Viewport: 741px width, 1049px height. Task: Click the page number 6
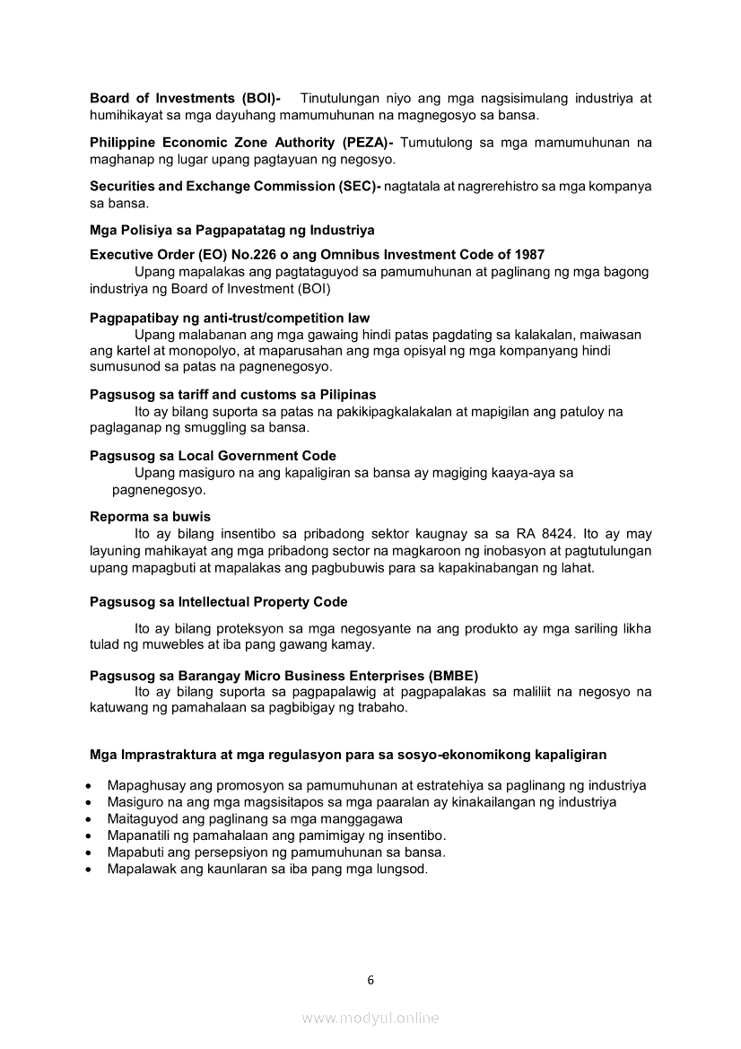pyautogui.click(x=370, y=980)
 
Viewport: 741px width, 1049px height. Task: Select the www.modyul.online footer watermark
pyautogui.click(x=370, y=1018)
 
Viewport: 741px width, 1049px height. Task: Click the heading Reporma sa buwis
pyautogui.click(x=150, y=517)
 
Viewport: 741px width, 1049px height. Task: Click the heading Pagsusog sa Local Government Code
pyautogui.click(x=213, y=456)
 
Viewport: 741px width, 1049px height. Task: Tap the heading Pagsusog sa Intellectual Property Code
pyautogui.click(x=218, y=602)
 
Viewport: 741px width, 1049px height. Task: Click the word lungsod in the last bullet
pyautogui.click(x=403, y=869)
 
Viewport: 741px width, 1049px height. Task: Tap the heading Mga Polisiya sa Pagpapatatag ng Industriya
pyautogui.click(x=232, y=231)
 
